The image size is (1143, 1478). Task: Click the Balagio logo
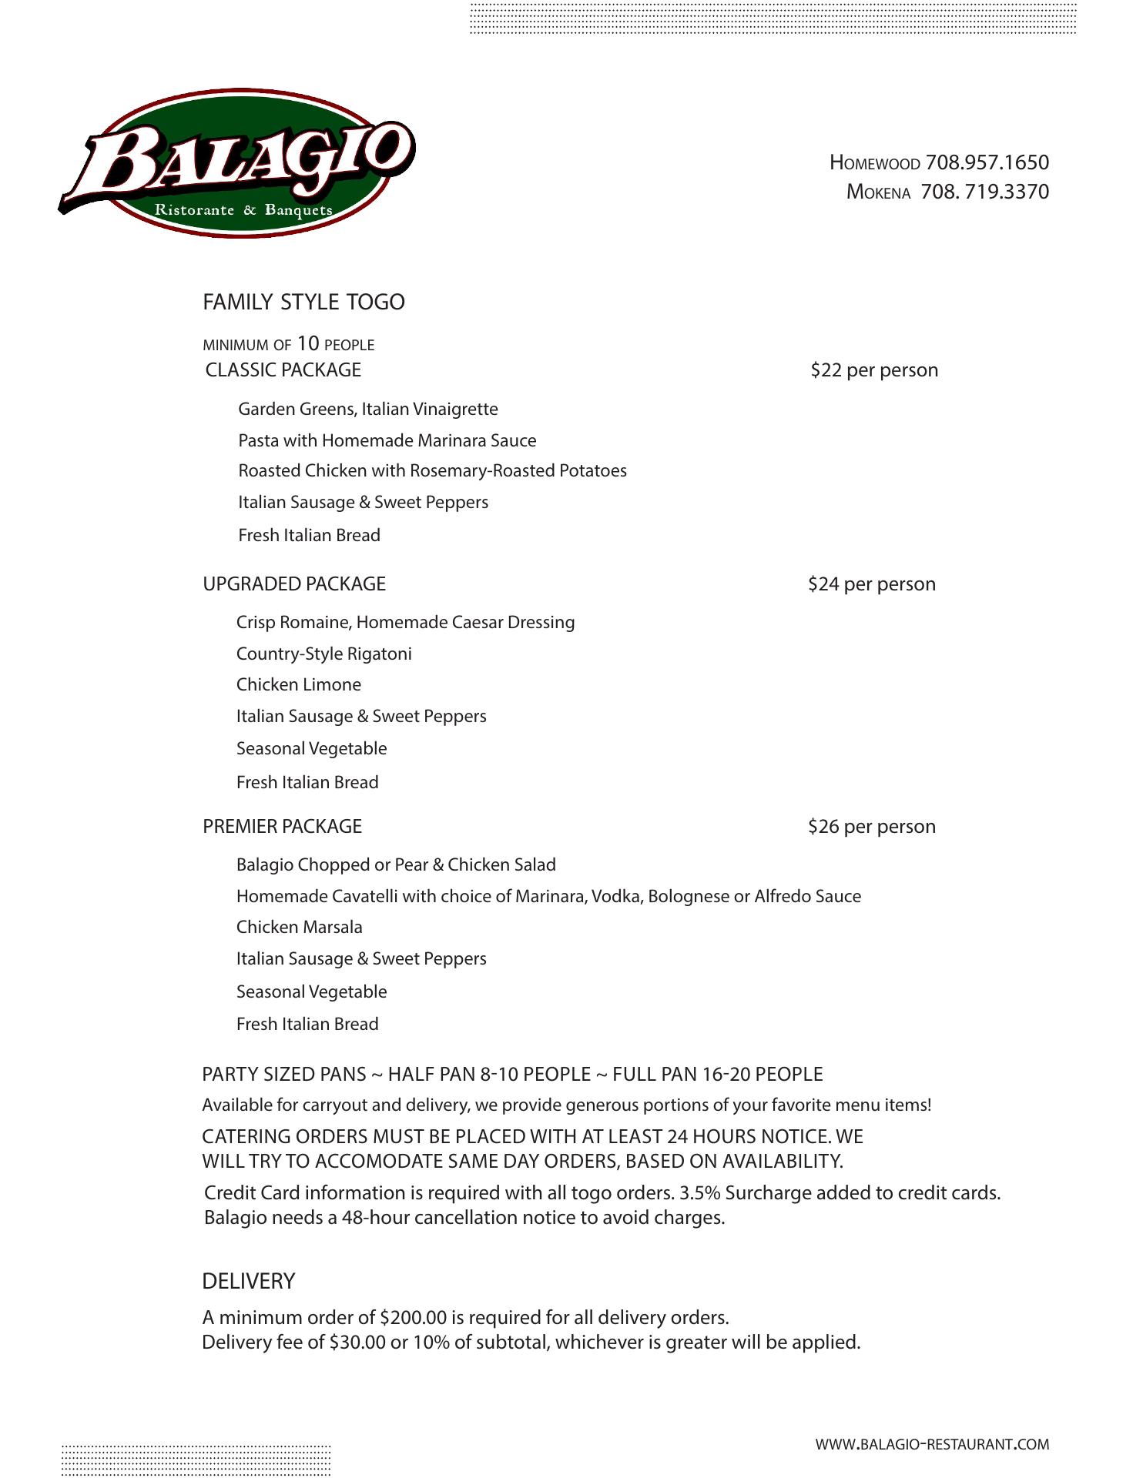click(238, 163)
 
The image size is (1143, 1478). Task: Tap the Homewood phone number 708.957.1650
click(987, 162)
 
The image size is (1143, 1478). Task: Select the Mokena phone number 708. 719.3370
click(984, 192)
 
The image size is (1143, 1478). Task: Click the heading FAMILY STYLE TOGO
click(303, 302)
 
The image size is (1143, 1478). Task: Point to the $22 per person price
click(874, 370)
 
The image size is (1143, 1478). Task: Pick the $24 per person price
click(872, 584)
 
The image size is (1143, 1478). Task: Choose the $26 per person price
click(872, 827)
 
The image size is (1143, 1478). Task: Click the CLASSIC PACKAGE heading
click(283, 370)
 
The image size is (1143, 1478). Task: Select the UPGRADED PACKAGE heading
click(294, 584)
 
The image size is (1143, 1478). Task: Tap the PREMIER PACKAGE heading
click(282, 827)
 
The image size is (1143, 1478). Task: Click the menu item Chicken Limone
click(299, 685)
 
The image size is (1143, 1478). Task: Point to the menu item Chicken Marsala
click(300, 928)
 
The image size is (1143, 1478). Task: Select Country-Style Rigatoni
click(324, 654)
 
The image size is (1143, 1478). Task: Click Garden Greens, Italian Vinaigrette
click(368, 410)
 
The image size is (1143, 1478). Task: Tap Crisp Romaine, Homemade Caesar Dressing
click(405, 623)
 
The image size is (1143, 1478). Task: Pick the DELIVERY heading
click(248, 1282)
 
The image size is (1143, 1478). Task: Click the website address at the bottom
click(932, 1445)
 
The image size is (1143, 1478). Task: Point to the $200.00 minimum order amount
click(414, 1318)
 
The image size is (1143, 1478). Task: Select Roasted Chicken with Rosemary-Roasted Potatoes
click(432, 471)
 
